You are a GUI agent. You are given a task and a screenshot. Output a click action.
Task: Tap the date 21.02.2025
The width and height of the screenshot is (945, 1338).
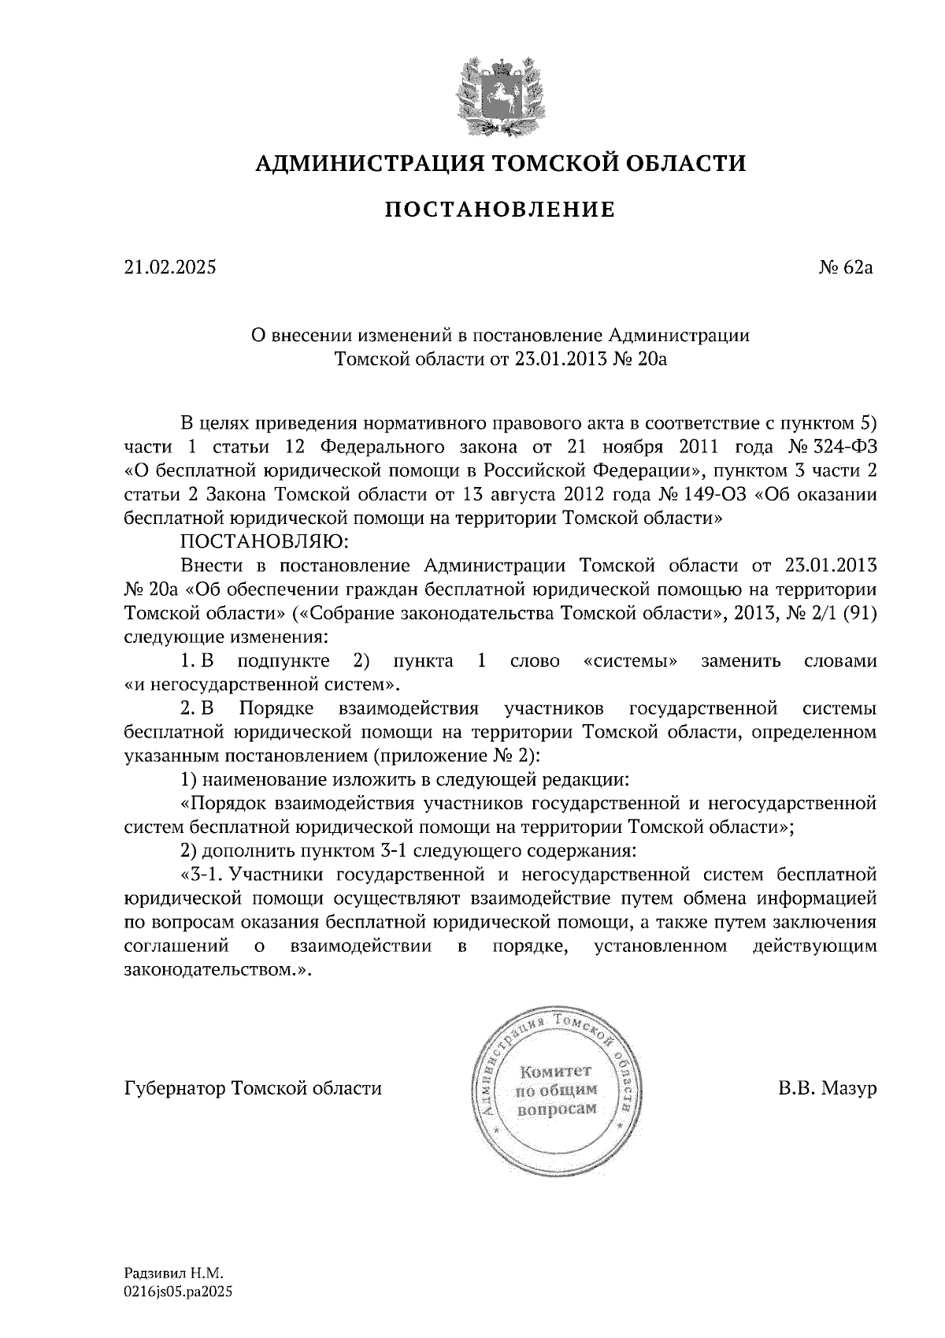coord(169,268)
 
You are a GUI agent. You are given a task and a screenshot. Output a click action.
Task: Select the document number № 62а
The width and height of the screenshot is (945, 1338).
coord(847,268)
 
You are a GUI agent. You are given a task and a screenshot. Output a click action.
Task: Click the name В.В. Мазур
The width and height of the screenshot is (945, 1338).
coord(827,1089)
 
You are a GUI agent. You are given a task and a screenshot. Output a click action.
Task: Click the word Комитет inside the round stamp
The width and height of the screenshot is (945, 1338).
coord(556,1072)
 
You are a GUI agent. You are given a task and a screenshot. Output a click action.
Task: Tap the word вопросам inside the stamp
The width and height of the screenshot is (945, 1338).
coord(556,1108)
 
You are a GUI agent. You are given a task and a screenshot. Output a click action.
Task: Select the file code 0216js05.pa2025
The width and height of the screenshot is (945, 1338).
coord(179,1292)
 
